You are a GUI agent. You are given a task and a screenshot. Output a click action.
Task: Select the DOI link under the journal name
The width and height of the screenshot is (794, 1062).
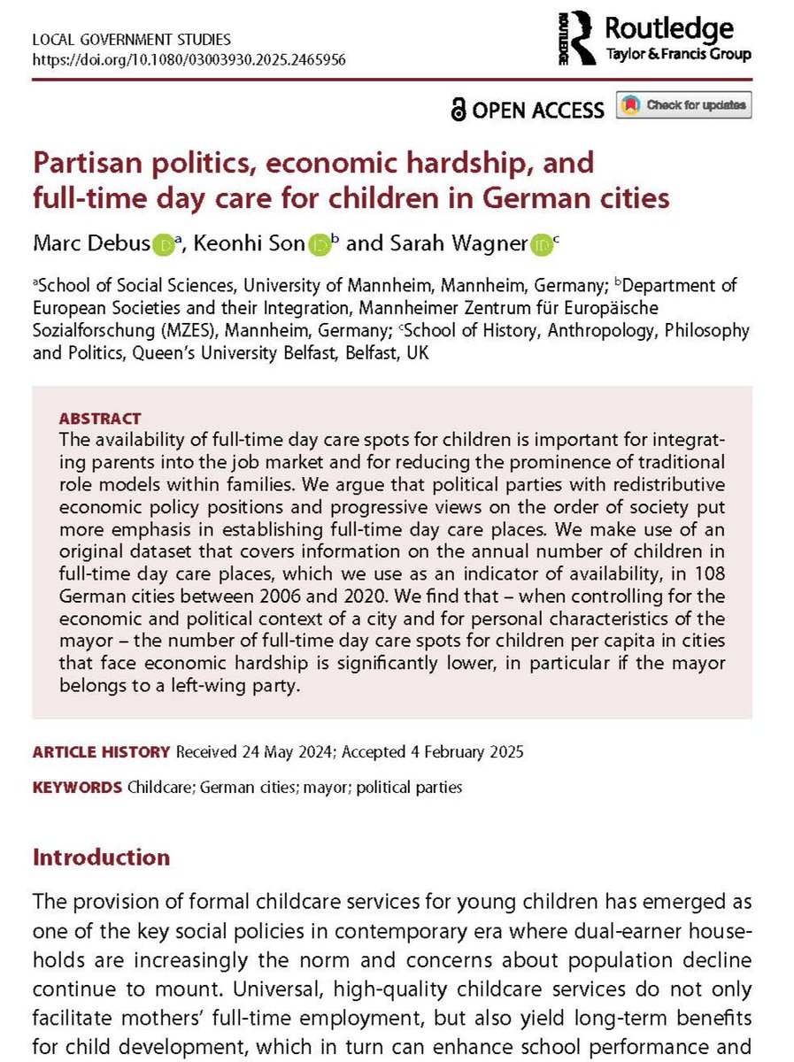189,60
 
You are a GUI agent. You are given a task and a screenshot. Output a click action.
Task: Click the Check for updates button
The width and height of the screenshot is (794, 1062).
684,106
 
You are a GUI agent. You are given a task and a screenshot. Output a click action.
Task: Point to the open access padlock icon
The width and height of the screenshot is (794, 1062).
458,109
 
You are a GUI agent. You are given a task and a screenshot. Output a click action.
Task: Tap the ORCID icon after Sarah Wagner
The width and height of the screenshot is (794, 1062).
540,245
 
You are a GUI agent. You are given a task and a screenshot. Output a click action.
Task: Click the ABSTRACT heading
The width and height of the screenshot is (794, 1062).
99,419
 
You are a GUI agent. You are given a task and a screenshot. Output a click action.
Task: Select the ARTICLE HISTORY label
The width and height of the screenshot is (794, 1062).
101,752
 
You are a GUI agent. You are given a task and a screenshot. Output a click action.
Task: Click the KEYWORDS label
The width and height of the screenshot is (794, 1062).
78,787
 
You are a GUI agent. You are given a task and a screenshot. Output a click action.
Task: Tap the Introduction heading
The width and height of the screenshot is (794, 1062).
101,858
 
